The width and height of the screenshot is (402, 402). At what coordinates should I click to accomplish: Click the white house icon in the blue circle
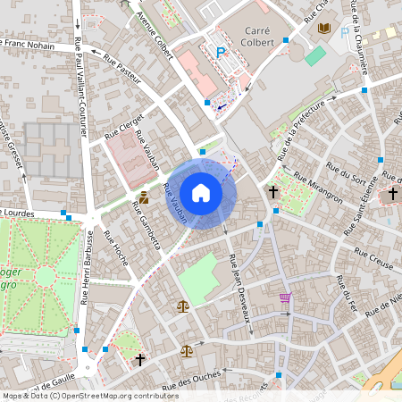201,193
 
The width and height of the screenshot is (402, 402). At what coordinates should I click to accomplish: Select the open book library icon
323,29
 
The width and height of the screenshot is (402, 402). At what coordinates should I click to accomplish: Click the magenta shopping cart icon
285,297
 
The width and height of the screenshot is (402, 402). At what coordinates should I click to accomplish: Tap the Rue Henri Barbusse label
88,266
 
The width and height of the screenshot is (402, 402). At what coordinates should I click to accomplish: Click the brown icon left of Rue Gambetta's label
143,197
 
